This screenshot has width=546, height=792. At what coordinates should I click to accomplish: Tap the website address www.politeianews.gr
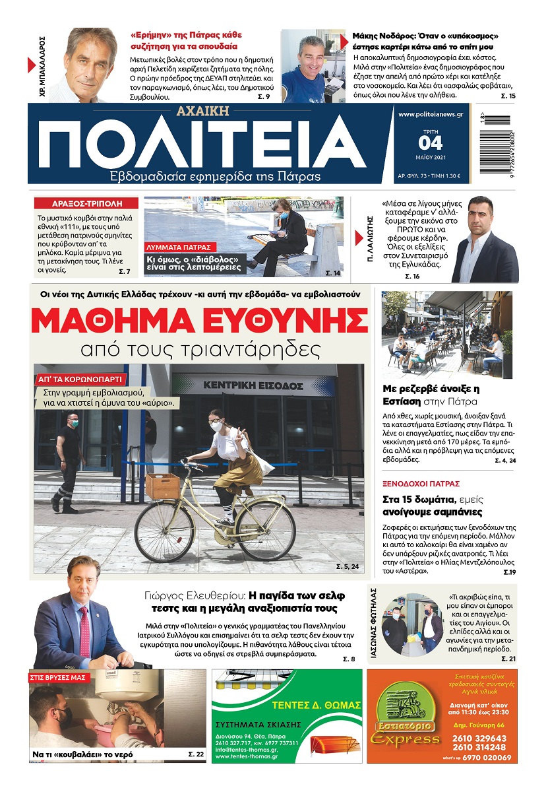[431, 114]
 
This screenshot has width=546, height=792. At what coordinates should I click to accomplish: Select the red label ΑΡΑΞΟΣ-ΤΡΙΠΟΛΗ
[86, 204]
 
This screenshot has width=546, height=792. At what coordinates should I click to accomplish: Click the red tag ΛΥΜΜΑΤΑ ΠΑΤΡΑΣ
[177, 247]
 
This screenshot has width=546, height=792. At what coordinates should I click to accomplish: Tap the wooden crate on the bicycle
[162, 486]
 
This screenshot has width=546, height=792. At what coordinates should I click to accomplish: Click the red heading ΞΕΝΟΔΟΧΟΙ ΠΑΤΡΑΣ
[421, 484]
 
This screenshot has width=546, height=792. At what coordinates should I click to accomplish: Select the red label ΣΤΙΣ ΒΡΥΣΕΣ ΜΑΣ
[59, 677]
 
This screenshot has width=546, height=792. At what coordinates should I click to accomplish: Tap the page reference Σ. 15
[508, 96]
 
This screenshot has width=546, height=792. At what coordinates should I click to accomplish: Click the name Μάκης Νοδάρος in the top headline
[382, 36]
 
